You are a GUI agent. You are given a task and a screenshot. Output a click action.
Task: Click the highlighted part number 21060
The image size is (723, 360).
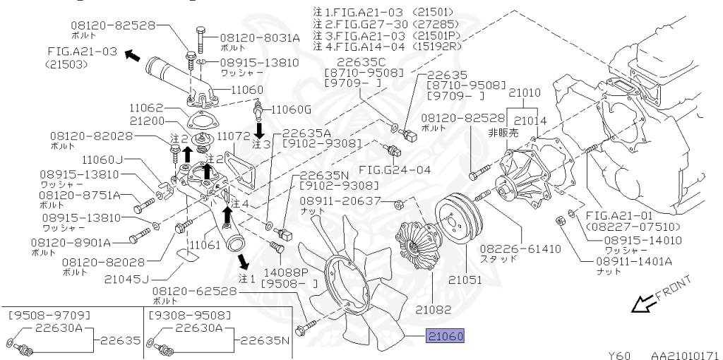click(445, 337)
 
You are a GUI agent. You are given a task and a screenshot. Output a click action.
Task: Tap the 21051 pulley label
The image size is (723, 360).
click(462, 280)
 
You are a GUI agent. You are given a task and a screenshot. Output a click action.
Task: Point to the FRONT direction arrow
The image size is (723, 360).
click(643, 304)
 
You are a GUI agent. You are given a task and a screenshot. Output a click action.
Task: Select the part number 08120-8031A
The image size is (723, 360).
click(260, 37)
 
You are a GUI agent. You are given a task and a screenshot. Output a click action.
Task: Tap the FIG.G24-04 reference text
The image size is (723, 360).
click(404, 169)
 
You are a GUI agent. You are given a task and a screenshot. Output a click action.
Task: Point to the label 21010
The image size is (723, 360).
click(525, 92)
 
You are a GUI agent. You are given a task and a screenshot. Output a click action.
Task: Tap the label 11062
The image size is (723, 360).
click(147, 109)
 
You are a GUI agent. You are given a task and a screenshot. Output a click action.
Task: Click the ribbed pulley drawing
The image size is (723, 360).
click(456, 215)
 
